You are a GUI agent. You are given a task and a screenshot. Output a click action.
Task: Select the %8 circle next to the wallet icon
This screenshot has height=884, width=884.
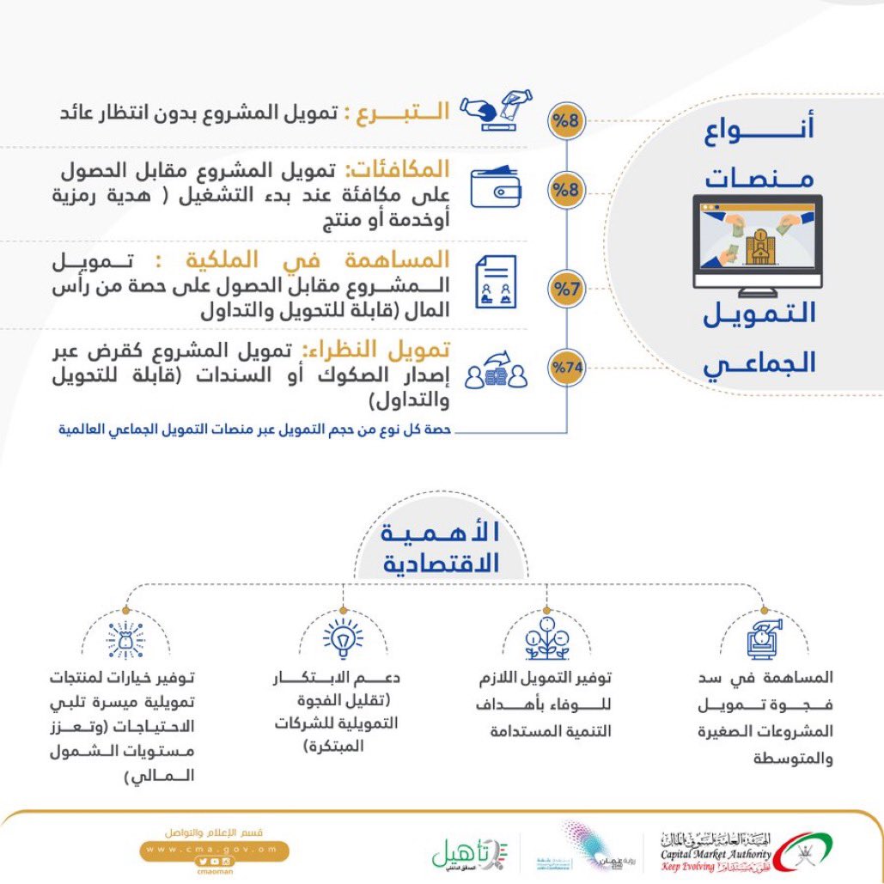click(566, 189)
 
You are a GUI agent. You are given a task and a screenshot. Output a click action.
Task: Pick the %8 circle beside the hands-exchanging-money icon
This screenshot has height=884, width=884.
click(566, 120)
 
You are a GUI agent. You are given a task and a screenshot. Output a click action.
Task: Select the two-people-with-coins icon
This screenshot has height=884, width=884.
click(496, 370)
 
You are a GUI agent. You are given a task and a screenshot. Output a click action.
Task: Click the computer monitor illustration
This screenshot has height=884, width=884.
click(757, 241)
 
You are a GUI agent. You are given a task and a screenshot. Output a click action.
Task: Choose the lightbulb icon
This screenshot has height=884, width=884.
click(343, 639)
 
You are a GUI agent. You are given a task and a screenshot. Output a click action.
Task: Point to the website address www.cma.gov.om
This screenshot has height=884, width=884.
click(215, 848)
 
